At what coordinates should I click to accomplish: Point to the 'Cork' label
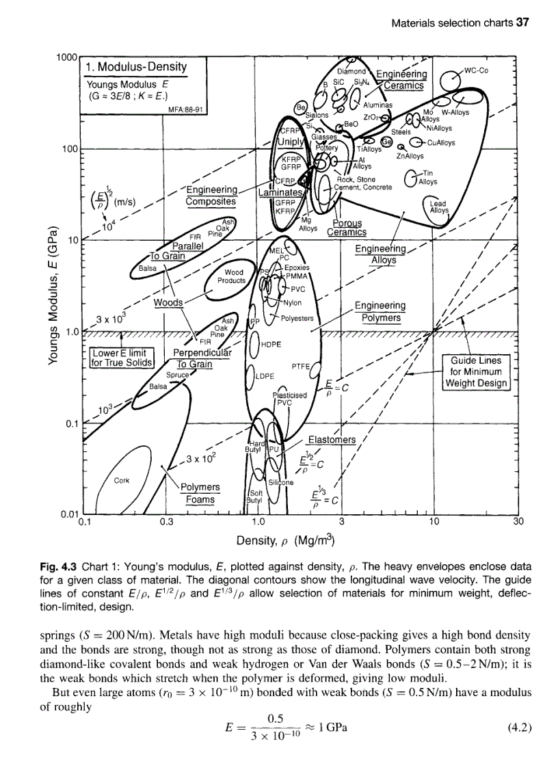click(x=122, y=479)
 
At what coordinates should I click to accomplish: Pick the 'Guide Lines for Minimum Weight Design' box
click(x=476, y=371)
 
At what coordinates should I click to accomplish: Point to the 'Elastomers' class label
click(x=332, y=440)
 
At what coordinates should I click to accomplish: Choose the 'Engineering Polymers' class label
click(x=380, y=311)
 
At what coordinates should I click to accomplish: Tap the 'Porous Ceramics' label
click(x=347, y=227)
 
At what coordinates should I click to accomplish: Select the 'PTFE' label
click(x=302, y=367)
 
